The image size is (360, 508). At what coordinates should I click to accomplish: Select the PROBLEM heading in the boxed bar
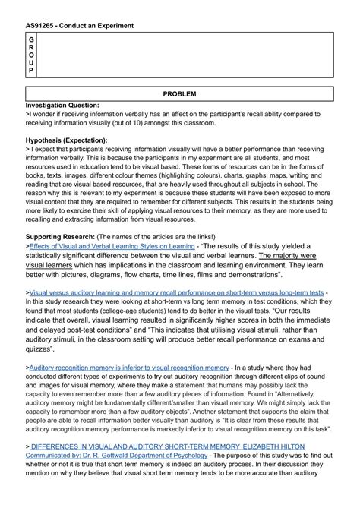[180, 93]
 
